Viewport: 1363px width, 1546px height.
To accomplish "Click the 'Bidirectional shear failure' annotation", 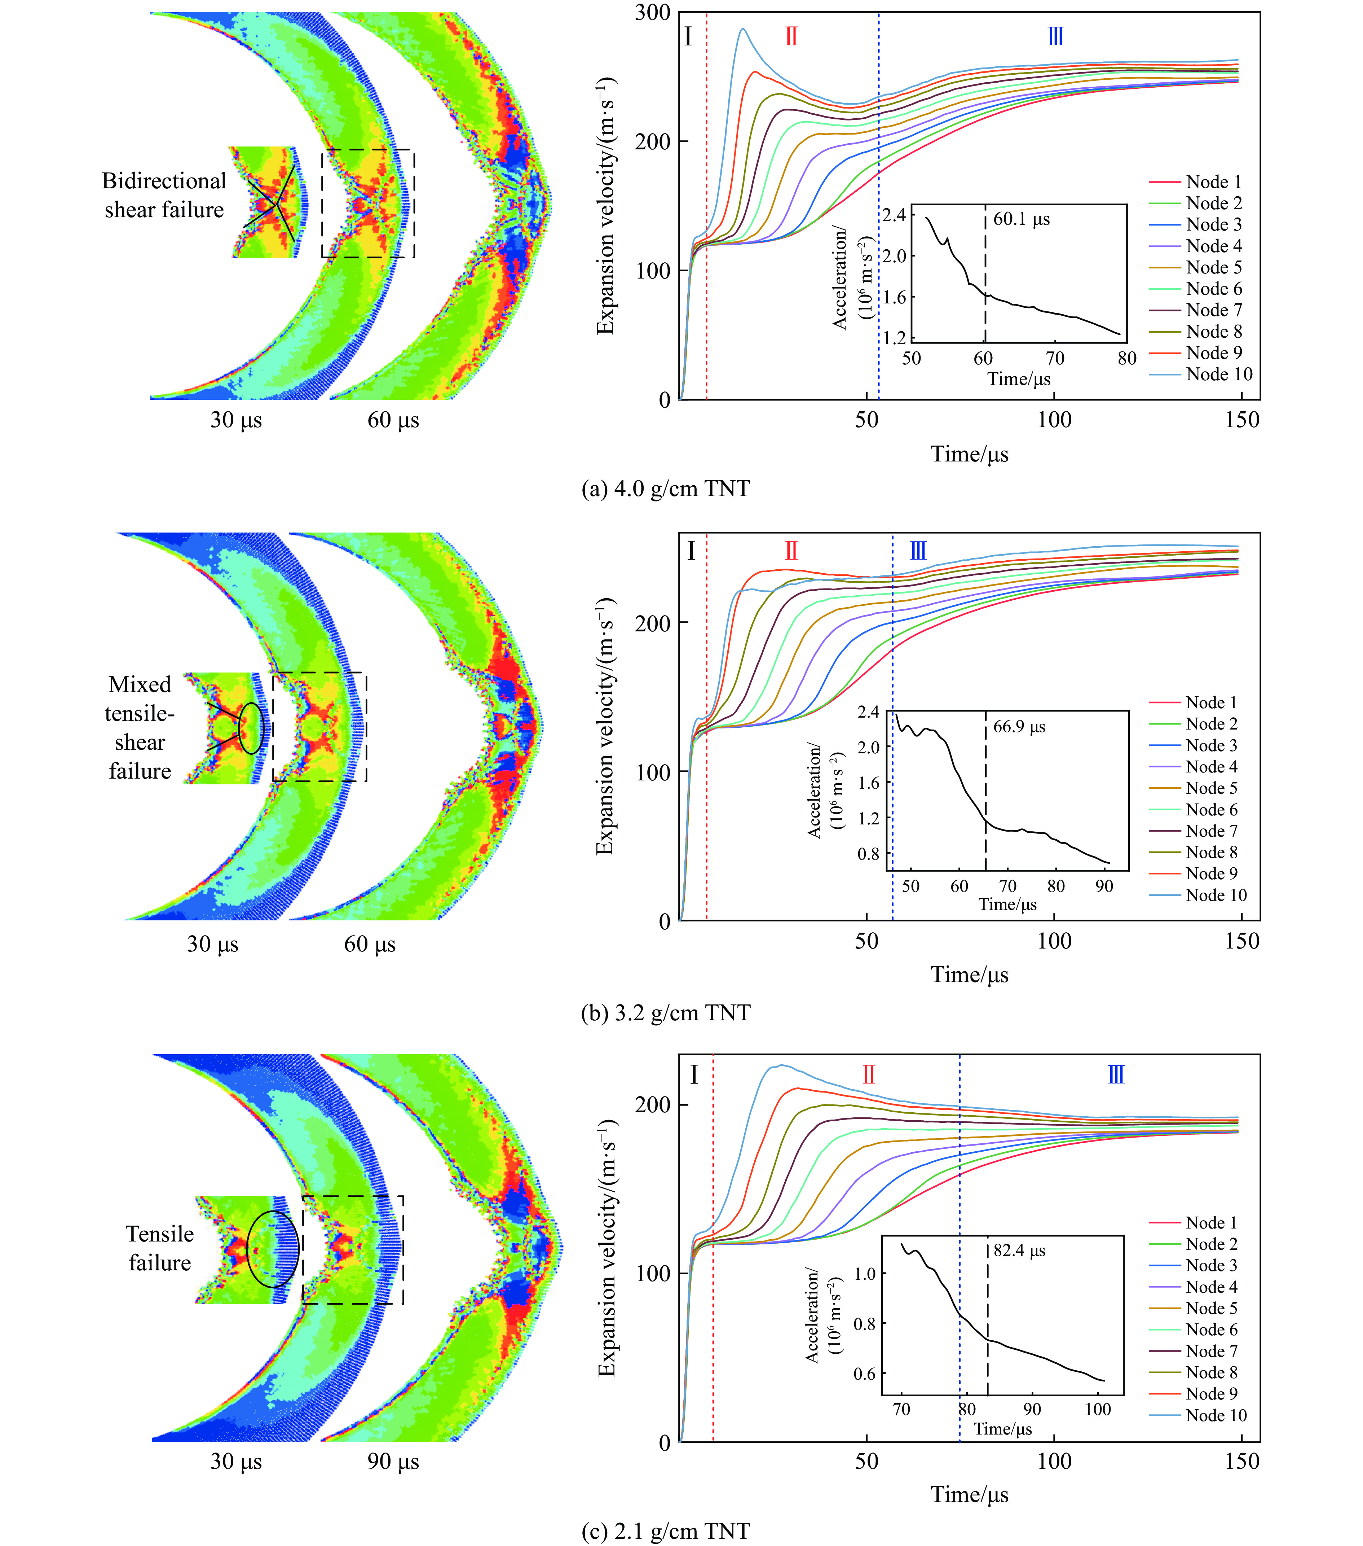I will point(164,195).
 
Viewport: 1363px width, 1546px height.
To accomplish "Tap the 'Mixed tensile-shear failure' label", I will point(140,728).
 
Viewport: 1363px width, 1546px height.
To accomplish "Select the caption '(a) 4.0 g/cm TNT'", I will point(665,489).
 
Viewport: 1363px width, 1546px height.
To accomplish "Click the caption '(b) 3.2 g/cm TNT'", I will point(665,1013).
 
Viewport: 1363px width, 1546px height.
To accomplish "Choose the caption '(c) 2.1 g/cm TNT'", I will point(665,1532).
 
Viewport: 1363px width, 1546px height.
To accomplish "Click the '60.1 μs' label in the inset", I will point(1021,219).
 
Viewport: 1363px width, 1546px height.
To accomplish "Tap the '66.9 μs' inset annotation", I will point(1019,727).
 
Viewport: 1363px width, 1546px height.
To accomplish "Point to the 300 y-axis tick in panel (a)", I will point(653,13).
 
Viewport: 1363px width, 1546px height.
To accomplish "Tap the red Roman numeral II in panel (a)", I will point(791,36).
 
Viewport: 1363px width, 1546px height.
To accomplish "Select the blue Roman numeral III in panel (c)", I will point(1116,1075).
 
